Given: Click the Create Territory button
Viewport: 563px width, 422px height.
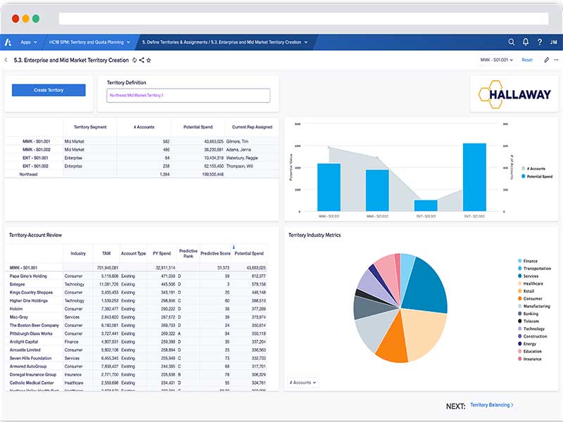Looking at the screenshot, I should pyautogui.click(x=49, y=90).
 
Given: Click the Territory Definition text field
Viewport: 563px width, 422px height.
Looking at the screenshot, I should pyautogui.click(x=188, y=95).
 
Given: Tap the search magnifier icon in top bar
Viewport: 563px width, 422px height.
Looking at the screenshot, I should pyautogui.click(x=512, y=42).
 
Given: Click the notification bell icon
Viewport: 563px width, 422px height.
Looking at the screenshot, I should pyautogui.click(x=525, y=42).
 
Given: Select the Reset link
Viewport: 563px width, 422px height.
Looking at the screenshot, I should pyautogui.click(x=526, y=60).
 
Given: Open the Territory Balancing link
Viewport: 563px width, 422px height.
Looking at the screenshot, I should pyautogui.click(x=491, y=405).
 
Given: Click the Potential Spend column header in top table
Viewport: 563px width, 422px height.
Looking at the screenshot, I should pyautogui.click(x=198, y=127).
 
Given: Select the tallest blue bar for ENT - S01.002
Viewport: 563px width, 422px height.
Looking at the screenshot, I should pyautogui.click(x=474, y=177).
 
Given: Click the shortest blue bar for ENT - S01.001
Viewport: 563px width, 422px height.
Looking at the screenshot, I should pyautogui.click(x=426, y=205).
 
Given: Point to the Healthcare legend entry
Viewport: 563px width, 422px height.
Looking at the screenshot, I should pyautogui.click(x=532, y=283).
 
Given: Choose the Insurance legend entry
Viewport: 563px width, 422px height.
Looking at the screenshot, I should pyautogui.click(x=532, y=359).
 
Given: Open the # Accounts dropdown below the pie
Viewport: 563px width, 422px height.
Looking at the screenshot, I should pyautogui.click(x=303, y=383).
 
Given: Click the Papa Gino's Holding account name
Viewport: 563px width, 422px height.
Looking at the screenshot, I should pyautogui.click(x=28, y=276).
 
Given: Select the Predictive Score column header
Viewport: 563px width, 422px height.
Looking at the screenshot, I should pyautogui.click(x=215, y=253).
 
